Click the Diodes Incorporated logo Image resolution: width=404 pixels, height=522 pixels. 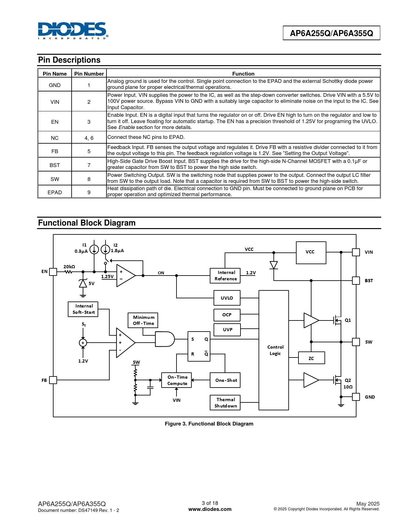pos(73,30)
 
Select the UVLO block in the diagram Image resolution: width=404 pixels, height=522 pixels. pos(227,298)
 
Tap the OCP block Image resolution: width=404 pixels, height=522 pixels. pos(227,315)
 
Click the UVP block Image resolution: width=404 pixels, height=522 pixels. pos(227,330)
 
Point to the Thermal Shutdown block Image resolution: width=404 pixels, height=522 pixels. pos(225,403)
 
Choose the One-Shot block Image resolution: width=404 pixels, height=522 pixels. pos(225,380)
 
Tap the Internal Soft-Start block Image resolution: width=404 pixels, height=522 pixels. pos(83,309)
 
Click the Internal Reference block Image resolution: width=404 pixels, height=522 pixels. pos(225,276)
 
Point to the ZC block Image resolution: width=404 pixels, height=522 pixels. pos(311,358)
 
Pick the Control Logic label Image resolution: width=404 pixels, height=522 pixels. pos(275,350)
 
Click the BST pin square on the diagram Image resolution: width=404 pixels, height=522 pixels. pos(356,281)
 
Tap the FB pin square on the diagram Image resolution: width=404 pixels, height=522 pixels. pos(53,380)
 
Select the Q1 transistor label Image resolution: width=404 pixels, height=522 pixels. pos(348,320)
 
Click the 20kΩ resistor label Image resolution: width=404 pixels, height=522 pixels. pos(69,267)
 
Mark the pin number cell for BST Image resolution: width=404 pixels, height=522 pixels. pos(89,165)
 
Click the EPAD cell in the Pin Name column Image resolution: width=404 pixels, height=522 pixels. pos(55,192)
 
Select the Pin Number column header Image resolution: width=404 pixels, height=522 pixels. pos(89,74)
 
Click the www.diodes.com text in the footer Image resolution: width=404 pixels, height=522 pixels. pos(210,509)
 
